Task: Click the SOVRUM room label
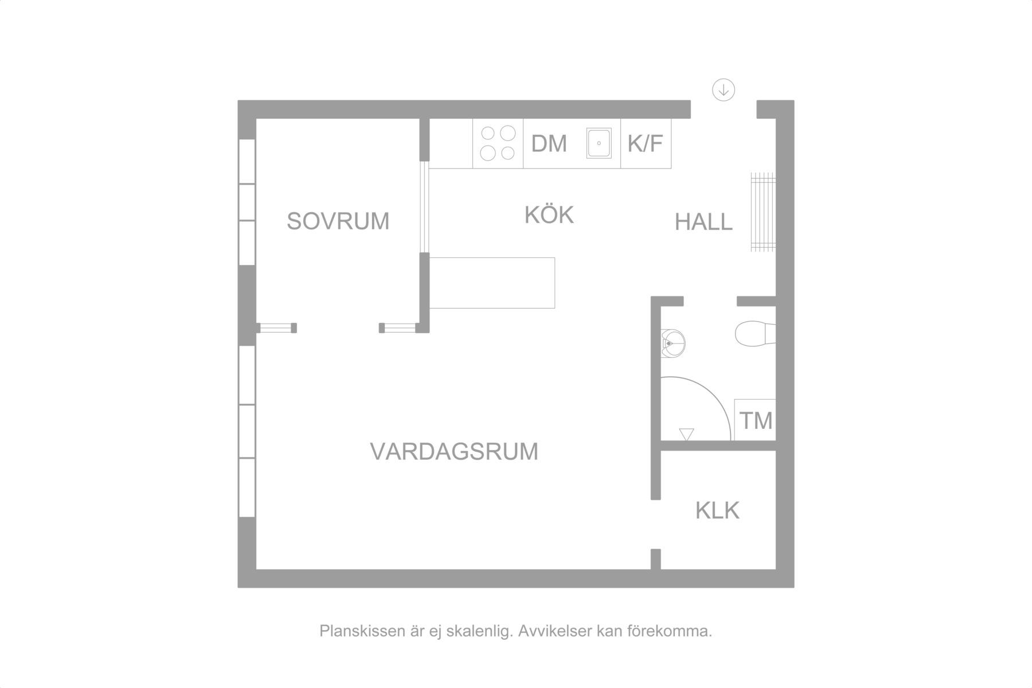338,221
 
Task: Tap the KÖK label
549,214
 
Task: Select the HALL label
703,222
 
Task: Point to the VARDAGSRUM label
454,452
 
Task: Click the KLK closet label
717,510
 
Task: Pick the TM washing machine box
755,420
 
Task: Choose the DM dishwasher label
549,144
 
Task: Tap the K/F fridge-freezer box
646,143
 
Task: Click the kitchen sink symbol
599,143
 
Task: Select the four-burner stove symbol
498,143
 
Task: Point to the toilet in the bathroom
755,334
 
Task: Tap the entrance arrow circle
724,90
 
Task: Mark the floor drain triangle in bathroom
686,434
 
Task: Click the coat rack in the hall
763,212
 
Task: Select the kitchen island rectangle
492,283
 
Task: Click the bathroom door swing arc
714,396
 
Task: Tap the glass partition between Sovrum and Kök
424,207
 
